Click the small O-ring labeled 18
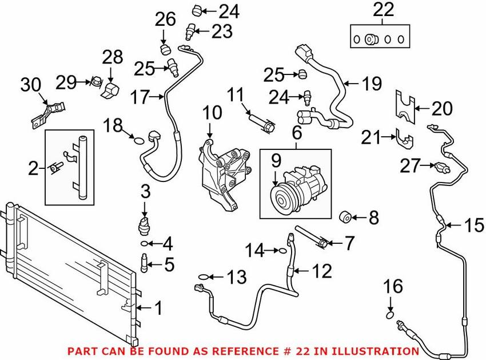click(x=137, y=138)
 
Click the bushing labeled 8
click(x=345, y=217)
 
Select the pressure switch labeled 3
click(x=145, y=224)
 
